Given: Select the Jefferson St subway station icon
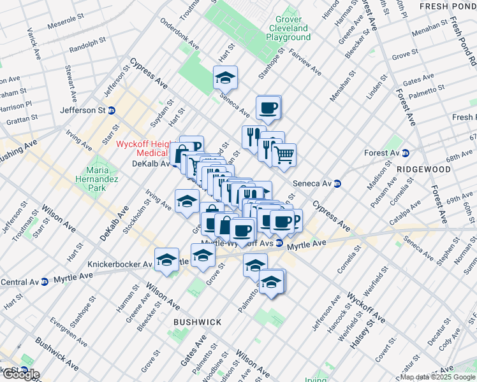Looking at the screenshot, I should (112, 110).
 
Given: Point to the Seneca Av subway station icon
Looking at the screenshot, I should (337, 184).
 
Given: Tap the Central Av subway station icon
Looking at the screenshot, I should (44, 281).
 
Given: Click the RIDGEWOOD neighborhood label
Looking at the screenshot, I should (423, 169).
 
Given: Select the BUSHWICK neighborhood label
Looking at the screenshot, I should (198, 322).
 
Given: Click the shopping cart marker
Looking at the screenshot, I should (284, 153).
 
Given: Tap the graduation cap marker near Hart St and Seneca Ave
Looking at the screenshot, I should (225, 78).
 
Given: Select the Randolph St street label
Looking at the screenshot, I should (87, 44).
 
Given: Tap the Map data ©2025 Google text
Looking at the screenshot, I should (437, 377).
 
